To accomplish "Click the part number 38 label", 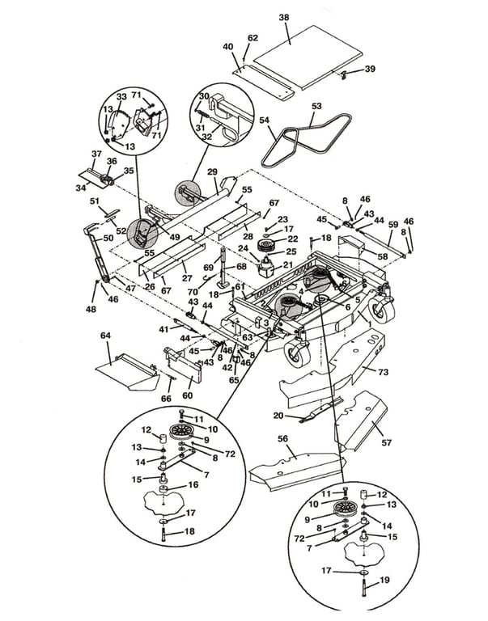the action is coord(284,18).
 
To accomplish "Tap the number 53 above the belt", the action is coord(316,106).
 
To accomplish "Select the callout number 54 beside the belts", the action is coord(265,120).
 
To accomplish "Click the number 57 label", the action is coord(386,442).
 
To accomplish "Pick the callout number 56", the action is coord(283,439).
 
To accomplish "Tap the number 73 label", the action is coord(384,372).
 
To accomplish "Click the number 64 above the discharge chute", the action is coord(105,336).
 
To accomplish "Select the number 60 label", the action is coord(187,395).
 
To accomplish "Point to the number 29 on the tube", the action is coord(213,171).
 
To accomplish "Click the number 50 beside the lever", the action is coord(108,238).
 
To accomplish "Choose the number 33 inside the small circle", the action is coord(121,97).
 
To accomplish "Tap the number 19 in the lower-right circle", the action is coord(384,580).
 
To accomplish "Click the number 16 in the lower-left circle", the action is coord(193,485).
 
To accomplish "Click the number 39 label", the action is coord(370,69).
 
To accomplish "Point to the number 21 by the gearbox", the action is coord(287,264).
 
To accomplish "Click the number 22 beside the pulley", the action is coord(293,239).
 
